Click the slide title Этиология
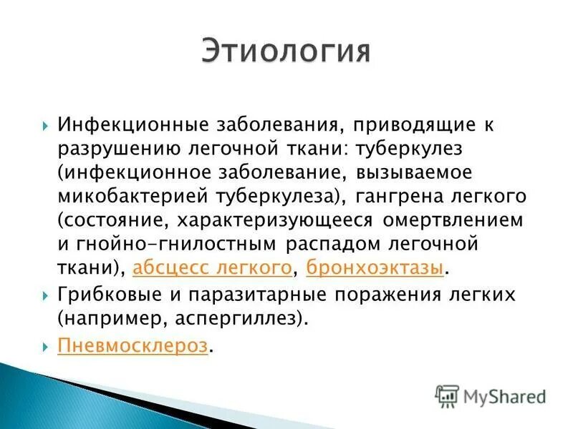[x=286, y=52]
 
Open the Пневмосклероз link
[x=133, y=346]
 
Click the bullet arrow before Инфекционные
[x=45, y=125]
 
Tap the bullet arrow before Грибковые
[x=45, y=295]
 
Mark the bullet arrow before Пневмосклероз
[x=45, y=347]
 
